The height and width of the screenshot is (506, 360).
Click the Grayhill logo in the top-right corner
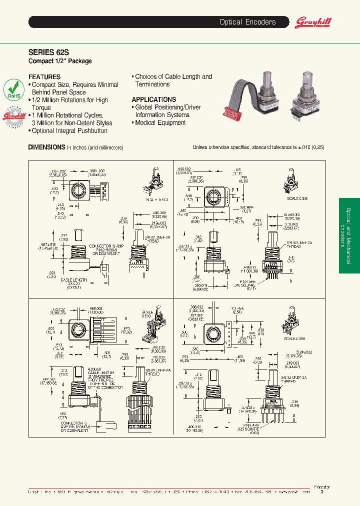(x=313, y=22)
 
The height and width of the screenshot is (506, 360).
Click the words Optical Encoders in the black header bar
(x=247, y=22)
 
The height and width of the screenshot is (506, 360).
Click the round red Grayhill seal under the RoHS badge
(x=14, y=118)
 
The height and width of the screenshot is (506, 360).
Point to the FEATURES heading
(x=44, y=77)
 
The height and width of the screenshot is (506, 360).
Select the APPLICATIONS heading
(x=154, y=99)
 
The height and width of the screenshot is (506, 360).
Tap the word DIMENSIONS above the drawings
(x=46, y=147)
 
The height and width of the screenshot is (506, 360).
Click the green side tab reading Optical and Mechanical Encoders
(x=349, y=235)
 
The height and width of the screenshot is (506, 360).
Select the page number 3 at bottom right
(x=321, y=492)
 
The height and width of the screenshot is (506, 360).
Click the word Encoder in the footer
(x=321, y=486)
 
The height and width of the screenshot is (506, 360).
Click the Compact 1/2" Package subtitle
(x=60, y=61)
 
